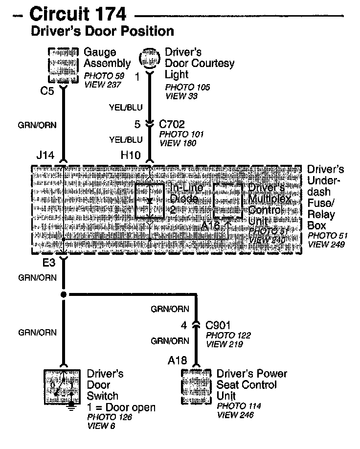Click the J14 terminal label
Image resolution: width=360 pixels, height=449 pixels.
pyautogui.click(x=45, y=156)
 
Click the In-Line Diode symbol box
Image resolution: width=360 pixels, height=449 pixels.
pyautogui.click(x=150, y=201)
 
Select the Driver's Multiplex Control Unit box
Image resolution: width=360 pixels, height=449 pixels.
pyautogui.click(x=227, y=201)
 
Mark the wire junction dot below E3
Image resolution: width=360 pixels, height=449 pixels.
pyautogui.click(x=64, y=294)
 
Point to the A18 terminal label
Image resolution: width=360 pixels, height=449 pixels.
pyautogui.click(x=178, y=361)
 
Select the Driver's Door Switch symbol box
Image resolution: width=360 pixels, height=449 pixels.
pyautogui.click(x=64, y=386)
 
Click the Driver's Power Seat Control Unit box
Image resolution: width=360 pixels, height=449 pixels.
pyautogui.click(x=197, y=386)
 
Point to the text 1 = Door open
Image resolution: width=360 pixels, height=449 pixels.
pyautogui.click(x=121, y=407)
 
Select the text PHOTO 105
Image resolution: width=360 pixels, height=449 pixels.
pyautogui.click(x=187, y=88)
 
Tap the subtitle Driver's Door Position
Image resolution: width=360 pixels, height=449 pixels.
pyautogui.click(x=102, y=32)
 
